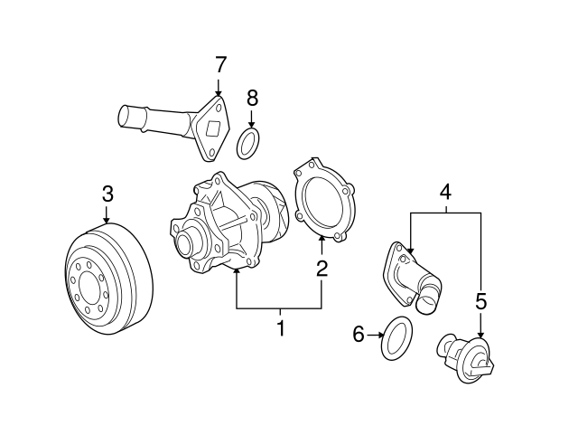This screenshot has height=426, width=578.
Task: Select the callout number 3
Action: click(x=107, y=193)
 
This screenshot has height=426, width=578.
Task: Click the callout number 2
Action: click(x=321, y=268)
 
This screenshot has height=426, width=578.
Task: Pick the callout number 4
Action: click(x=444, y=192)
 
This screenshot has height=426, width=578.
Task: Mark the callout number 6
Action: click(x=359, y=336)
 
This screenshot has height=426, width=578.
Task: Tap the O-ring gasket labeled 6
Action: click(x=396, y=338)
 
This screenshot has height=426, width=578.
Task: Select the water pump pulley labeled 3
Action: click(x=107, y=280)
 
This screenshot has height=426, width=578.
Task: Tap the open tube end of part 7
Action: click(x=125, y=117)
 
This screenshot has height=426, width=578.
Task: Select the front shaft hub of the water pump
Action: click(x=188, y=242)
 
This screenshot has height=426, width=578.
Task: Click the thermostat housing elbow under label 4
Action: click(x=411, y=276)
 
